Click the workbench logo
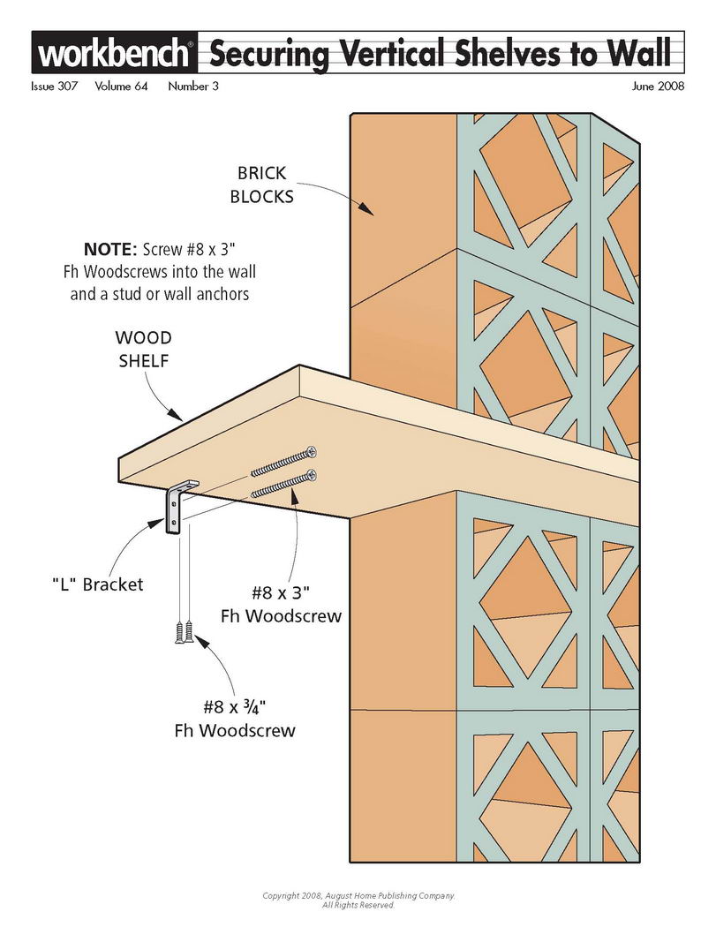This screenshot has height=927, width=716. point(114,53)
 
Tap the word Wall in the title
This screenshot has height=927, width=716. point(642,53)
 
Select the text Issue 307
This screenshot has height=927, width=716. point(55,87)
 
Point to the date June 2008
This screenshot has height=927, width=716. point(658,87)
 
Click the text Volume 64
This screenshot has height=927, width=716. point(121,87)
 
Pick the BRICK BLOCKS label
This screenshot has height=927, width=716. point(261,185)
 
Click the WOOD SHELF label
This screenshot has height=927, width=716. point(143,349)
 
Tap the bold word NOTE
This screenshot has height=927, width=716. point(110,249)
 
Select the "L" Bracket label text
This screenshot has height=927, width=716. point(97,584)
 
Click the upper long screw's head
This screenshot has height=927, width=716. point(311,453)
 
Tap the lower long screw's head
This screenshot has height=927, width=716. point(312,474)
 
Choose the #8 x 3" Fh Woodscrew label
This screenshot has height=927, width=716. point(282,604)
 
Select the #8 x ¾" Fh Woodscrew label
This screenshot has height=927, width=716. point(235,719)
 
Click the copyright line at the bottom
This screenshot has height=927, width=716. point(359,901)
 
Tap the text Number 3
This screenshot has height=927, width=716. point(193,87)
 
